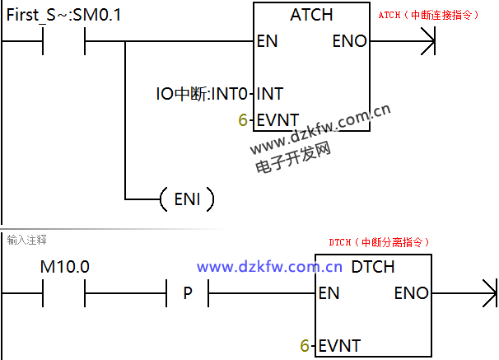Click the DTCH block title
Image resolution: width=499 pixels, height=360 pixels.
(x=373, y=267)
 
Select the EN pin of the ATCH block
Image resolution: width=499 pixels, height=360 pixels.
(x=268, y=41)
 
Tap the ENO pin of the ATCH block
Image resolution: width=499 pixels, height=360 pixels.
(x=349, y=41)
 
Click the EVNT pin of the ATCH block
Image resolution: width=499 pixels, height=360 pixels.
(x=277, y=120)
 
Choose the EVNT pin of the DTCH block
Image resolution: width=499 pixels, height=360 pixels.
(x=338, y=346)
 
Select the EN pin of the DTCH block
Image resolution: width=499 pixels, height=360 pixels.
(x=329, y=292)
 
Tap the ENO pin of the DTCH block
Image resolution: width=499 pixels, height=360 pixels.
(x=411, y=292)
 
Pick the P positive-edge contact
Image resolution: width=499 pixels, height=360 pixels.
(x=188, y=293)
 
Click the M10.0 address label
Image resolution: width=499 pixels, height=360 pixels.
(x=65, y=267)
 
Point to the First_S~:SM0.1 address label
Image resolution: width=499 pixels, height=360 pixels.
(x=63, y=15)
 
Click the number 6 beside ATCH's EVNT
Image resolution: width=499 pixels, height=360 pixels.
(x=242, y=120)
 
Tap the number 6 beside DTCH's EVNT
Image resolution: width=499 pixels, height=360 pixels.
(x=304, y=346)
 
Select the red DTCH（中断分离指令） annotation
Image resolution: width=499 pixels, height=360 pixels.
(x=379, y=242)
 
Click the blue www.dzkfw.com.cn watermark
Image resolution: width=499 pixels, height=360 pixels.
(x=269, y=267)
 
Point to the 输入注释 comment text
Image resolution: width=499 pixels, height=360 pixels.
(x=26, y=240)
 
